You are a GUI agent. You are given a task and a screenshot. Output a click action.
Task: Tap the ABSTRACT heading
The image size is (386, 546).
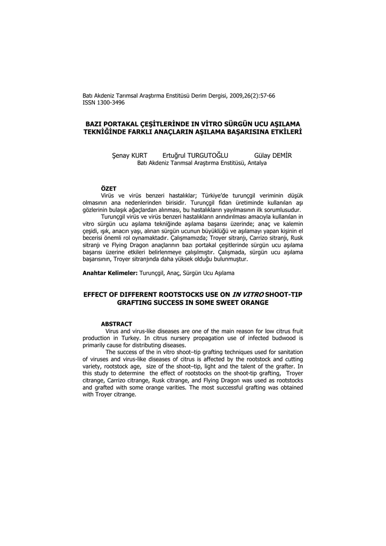[x=116, y=324]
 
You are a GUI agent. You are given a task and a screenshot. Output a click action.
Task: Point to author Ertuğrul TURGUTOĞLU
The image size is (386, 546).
[x=198, y=156]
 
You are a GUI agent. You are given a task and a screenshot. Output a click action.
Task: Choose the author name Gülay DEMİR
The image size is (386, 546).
[x=274, y=156]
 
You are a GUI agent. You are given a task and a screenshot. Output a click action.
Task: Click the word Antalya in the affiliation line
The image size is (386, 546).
[x=256, y=163]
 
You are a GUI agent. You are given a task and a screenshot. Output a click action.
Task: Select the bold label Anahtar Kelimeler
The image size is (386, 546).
[x=109, y=273]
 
